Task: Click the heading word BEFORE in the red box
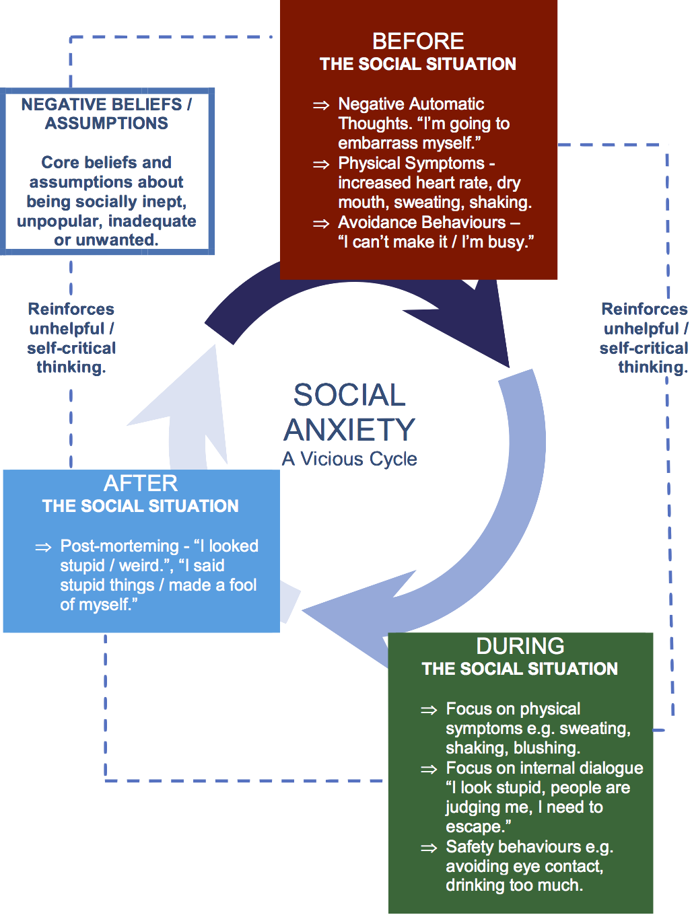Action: coord(418,42)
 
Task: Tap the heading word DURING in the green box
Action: coord(520,647)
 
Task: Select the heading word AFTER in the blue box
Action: coord(141,484)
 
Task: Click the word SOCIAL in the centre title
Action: coord(349,396)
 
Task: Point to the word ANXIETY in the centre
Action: coord(349,430)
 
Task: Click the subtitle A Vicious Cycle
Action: coord(349,459)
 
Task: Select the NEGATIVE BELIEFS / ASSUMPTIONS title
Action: coord(107,114)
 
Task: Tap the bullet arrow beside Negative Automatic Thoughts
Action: coord(321,105)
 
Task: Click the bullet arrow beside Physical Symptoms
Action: coord(321,164)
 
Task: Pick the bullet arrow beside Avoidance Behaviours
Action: coord(321,223)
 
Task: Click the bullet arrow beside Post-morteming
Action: coord(43,547)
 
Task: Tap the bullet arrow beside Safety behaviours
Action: coord(429,848)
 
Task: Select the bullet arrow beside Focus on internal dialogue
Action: coord(429,769)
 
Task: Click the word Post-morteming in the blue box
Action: coord(119,546)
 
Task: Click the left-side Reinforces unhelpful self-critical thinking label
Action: coord(71,338)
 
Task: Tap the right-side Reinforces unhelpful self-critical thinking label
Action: coord(645,338)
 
